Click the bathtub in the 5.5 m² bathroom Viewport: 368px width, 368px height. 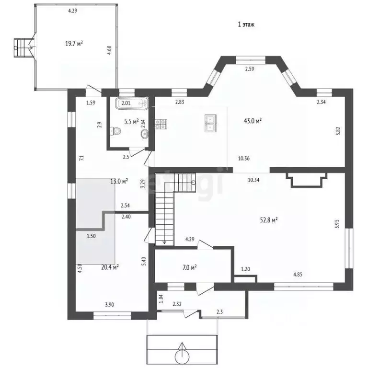click(132, 103)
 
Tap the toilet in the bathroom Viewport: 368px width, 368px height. click(115, 131)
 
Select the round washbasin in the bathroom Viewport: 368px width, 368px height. click(145, 134)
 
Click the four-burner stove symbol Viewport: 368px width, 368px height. click(161, 124)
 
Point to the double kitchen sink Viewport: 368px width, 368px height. click(210, 123)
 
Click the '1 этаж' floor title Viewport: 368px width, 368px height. click(246, 24)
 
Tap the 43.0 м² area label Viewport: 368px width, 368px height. click(253, 121)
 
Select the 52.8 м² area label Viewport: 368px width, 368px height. click(269, 220)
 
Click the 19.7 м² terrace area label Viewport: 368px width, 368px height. click(74, 44)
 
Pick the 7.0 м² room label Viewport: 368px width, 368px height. click(189, 267)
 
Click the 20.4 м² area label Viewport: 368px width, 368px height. click(110, 267)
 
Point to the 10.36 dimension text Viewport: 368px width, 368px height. click(244, 159)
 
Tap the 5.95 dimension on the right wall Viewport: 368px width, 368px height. click(337, 224)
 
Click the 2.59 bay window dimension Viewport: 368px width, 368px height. click(250, 69)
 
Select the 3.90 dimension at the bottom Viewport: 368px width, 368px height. click(110, 305)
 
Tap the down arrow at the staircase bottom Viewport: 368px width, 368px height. click(164, 241)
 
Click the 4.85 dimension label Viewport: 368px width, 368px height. click(298, 275)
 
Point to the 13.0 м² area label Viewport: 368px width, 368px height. click(119, 182)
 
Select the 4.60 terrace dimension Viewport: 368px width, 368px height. click(109, 50)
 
